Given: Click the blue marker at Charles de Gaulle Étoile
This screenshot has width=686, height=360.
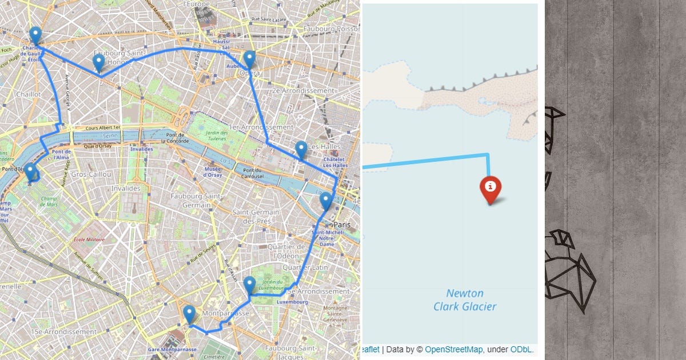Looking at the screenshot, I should pos(35,35).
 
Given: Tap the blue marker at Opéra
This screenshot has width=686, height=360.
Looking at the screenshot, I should pos(249,59).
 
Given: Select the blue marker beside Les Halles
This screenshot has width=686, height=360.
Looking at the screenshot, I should pos(301,150).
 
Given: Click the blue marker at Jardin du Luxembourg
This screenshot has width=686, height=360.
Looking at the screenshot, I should pos(249,285).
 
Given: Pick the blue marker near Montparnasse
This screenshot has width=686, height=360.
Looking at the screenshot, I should pos(189,314).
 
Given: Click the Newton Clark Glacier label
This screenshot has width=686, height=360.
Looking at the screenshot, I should pos(464,300).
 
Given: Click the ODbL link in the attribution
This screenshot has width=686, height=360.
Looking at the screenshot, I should pos(521,349).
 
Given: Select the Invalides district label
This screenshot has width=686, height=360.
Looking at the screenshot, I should pos(126,188).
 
